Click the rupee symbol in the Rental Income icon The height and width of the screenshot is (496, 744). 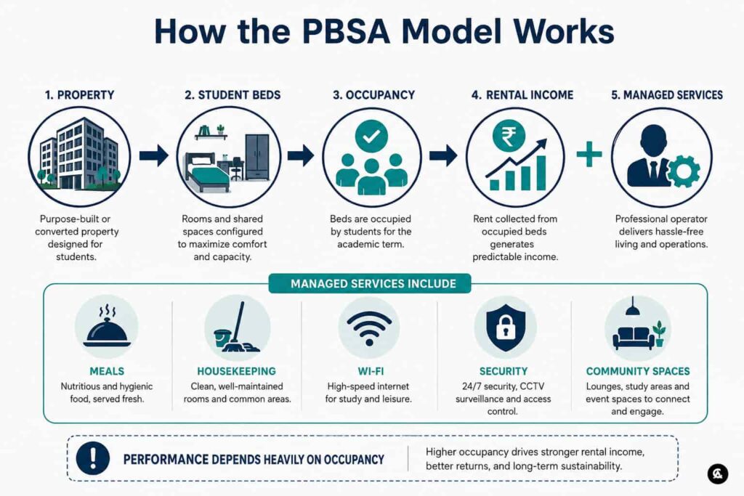click(x=508, y=136)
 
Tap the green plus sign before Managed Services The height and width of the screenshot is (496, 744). click(x=589, y=154)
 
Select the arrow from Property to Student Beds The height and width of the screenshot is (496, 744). click(x=154, y=155)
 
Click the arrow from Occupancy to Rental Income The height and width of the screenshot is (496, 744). click(x=443, y=155)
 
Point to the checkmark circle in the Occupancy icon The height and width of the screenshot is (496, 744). click(x=371, y=137)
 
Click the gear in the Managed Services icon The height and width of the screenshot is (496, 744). click(x=683, y=171)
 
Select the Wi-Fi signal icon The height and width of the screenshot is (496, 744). click(x=369, y=328)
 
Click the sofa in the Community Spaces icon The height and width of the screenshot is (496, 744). click(x=631, y=338)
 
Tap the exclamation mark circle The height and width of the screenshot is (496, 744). click(x=93, y=458)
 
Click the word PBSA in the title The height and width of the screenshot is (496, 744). click(x=346, y=31)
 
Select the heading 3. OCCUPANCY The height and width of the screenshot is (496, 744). click(x=374, y=95)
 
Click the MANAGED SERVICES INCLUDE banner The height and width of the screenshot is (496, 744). click(x=370, y=283)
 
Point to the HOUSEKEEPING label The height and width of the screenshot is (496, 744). click(x=237, y=371)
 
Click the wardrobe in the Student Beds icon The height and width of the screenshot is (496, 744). click(x=257, y=157)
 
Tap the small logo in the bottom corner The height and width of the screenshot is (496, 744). click(x=717, y=473)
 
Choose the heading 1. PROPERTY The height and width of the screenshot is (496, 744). click(x=80, y=95)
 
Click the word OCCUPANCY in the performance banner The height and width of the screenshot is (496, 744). click(x=354, y=460)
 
